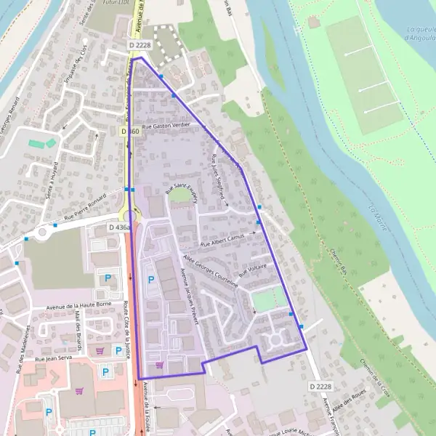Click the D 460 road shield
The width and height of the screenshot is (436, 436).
coord(129,131)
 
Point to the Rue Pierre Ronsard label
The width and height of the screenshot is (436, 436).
coord(85,206)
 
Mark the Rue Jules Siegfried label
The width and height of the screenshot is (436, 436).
coord(219,177)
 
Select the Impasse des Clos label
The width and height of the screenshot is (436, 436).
coord(76,70)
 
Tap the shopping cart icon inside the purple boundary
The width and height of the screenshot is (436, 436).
coord(159,365)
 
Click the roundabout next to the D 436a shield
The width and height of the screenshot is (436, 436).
coord(130,215)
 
